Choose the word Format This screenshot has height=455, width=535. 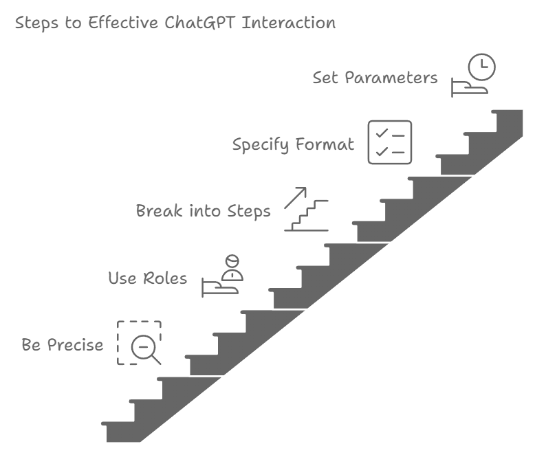(325, 145)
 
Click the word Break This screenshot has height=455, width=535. (158, 211)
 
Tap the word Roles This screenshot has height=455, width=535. (167, 278)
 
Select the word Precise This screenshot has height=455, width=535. (76, 345)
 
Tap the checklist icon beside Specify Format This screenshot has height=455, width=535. (390, 142)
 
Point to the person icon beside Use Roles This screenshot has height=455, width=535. (232, 268)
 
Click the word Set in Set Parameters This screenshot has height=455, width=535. (325, 78)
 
